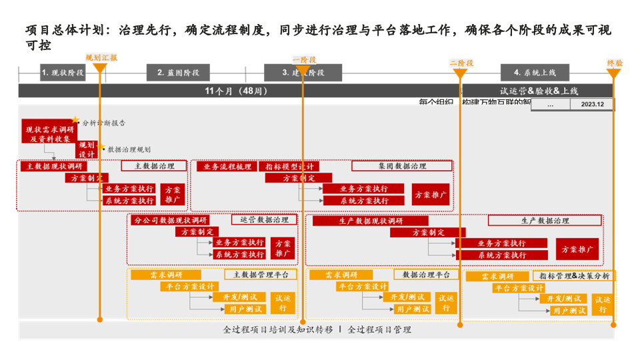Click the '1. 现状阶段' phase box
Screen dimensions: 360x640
coord(63,73)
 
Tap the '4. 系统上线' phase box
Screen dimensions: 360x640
coord(535,73)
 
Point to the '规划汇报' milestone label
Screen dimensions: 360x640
coord(101,58)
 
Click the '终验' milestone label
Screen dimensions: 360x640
coord(614,63)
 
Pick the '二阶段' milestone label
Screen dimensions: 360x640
coord(461,63)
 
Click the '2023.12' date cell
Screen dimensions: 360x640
coord(592,105)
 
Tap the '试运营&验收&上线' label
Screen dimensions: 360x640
coord(539,91)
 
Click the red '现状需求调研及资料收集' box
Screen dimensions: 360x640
coord(49,134)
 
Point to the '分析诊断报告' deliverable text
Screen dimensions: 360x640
coord(104,123)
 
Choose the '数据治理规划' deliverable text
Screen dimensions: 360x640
coord(129,150)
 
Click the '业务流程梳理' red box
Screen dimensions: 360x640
coord(227,166)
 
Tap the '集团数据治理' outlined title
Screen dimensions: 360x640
coord(401,166)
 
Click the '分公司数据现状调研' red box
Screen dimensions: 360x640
coord(171,220)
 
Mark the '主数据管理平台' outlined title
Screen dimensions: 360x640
coord(261,274)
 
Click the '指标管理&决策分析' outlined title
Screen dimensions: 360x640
coord(575,275)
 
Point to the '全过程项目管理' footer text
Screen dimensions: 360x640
coord(379,329)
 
